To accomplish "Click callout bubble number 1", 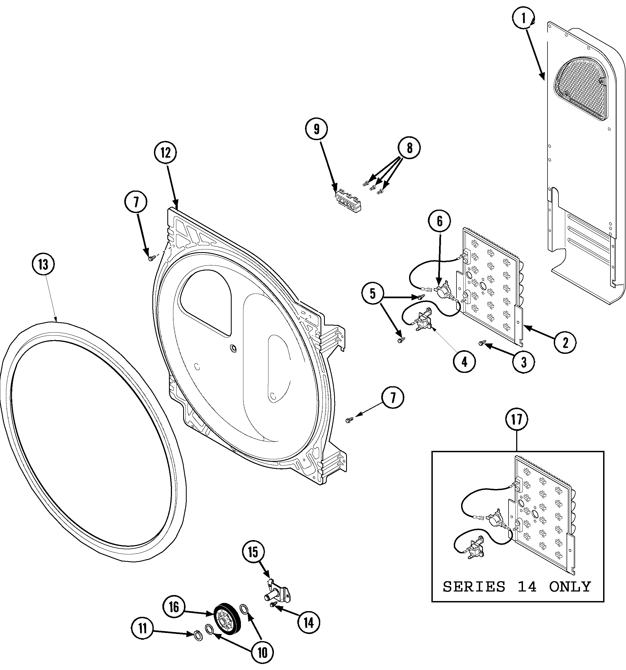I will pos(524,19).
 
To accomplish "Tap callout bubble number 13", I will pos(43,265).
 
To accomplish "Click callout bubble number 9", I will pos(316,129).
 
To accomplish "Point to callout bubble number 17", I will pos(517,419).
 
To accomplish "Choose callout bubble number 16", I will pos(174,607).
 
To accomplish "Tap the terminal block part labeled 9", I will pos(348,203).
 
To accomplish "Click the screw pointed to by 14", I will pos(272,606).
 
